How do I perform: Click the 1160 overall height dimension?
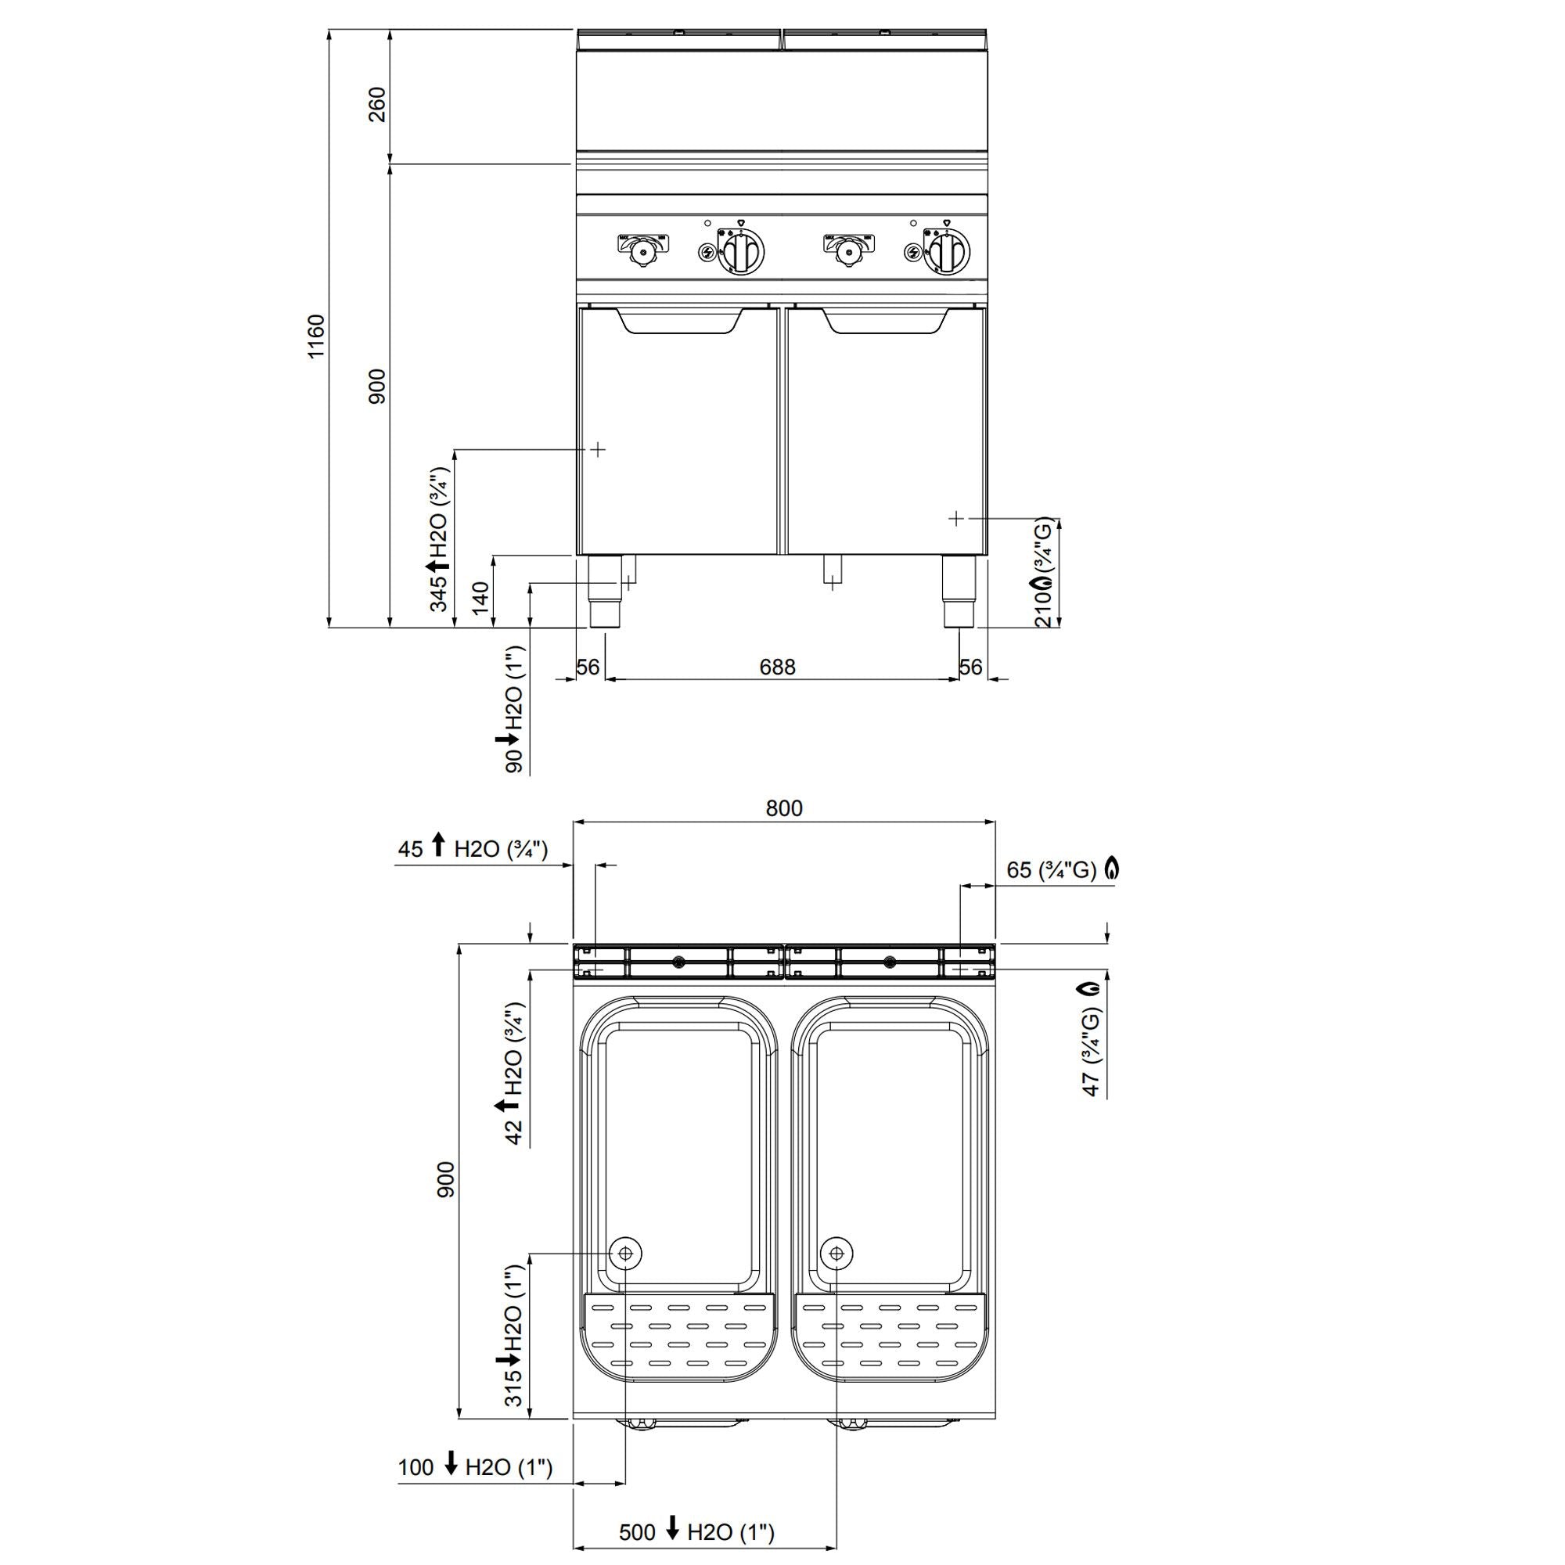(x=316, y=336)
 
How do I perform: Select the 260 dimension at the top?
(x=377, y=104)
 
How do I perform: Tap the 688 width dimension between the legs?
(x=777, y=667)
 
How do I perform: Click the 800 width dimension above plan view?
(x=783, y=808)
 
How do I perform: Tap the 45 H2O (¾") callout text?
(x=473, y=849)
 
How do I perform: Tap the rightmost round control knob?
(x=945, y=252)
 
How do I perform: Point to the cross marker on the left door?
(x=597, y=448)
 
